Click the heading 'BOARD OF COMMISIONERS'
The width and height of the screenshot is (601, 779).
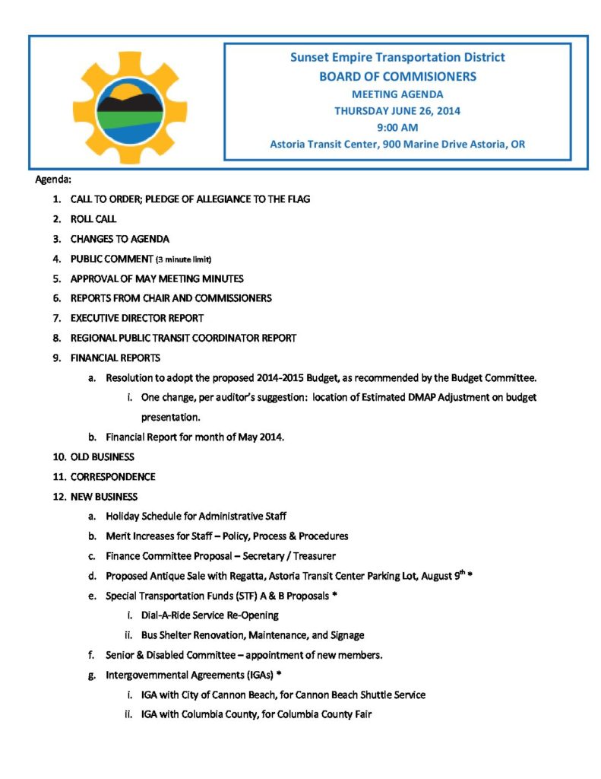[397, 76]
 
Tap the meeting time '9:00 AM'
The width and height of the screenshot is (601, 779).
[397, 127]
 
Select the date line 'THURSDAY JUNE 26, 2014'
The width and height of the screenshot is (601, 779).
[397, 110]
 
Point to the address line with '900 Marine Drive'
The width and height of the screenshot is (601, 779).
[397, 144]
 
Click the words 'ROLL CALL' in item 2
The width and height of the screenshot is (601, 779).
[93, 218]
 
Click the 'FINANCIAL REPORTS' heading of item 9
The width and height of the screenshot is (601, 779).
[115, 358]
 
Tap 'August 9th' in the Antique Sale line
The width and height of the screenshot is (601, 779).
[451, 576]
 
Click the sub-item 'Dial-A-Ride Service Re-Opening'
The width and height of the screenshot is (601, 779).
[210, 615]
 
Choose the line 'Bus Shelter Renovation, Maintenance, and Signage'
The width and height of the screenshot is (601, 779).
[252, 634]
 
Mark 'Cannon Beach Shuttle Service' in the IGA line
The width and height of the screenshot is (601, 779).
[360, 695]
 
